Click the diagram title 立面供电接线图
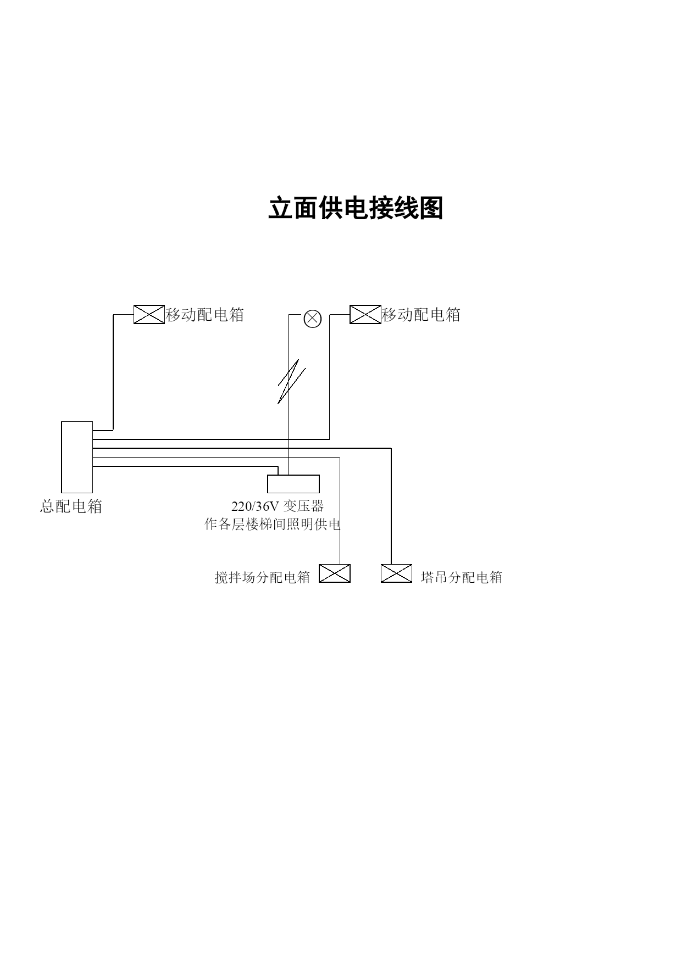coord(356,208)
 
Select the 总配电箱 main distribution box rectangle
coord(77,457)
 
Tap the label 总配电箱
coord(71,506)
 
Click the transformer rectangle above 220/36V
coord(293,484)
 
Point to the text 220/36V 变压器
coord(278,506)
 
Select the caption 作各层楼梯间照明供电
coord(273,525)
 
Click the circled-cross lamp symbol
coord(313,319)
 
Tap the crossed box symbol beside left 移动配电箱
coord(149,314)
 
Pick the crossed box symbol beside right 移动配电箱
coord(365,314)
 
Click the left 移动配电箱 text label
coord(205,315)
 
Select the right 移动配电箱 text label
coord(422,315)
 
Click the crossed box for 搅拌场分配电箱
coord(335,573)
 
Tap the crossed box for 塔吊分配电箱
coord(397,573)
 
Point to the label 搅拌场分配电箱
coord(263,577)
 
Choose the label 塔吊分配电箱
coord(462,577)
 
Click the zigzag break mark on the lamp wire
coord(291,382)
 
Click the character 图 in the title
coord(431,208)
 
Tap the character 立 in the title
coord(280,208)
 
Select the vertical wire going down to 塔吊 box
coord(391,506)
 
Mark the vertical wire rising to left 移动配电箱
coord(113,372)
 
